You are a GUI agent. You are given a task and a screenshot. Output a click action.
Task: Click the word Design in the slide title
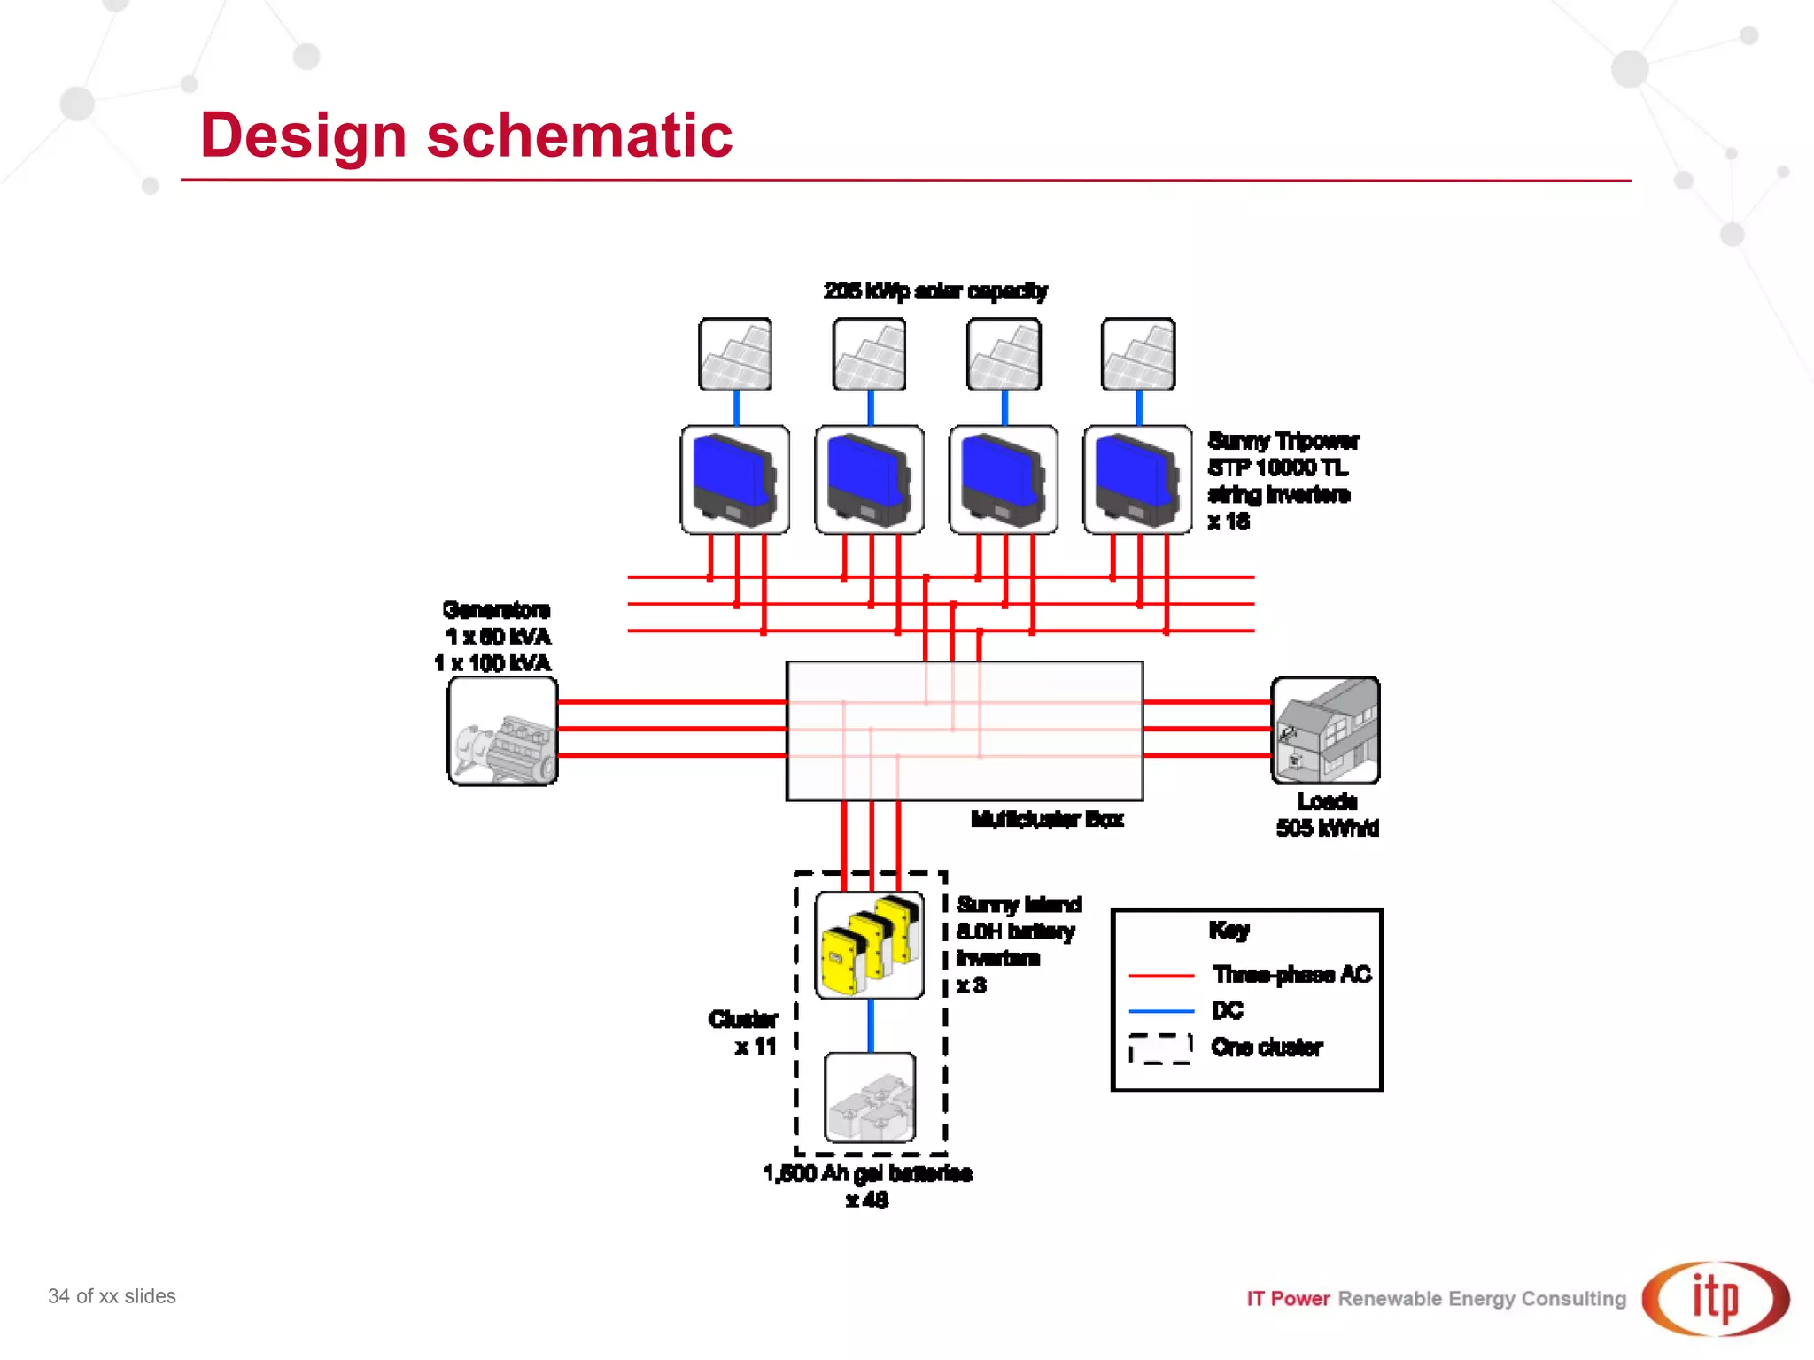[303, 135]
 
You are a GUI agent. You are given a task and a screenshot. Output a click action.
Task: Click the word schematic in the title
[579, 135]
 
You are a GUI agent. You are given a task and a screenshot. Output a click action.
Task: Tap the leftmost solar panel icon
[734, 354]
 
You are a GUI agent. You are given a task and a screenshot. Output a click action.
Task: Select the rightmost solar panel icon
[1137, 354]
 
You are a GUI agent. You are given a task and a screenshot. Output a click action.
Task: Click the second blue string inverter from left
[869, 479]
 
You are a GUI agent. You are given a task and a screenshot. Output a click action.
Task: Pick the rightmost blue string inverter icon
[1137, 479]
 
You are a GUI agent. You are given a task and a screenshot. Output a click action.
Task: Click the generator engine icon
[502, 731]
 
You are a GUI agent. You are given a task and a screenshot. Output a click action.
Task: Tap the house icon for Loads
[1325, 730]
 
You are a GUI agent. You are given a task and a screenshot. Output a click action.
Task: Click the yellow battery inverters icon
[869, 945]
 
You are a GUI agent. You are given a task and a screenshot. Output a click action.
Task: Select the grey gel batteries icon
[869, 1098]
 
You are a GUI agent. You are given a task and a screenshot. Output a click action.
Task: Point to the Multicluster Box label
[1047, 819]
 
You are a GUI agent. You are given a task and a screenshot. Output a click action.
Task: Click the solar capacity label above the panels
[935, 291]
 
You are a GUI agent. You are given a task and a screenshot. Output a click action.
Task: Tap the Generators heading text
[496, 610]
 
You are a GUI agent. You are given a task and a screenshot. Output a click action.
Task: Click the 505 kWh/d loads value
[1327, 829]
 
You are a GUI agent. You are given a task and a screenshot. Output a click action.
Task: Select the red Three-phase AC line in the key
[1161, 975]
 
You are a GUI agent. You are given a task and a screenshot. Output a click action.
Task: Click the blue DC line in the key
[1161, 1010]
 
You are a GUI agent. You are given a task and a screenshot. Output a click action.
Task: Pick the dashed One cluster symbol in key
[1159, 1048]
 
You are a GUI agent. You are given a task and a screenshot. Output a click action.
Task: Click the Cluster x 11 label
[744, 1032]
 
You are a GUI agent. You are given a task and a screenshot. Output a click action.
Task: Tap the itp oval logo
[1715, 1299]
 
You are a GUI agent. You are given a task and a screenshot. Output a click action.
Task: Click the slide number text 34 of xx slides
[112, 1296]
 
